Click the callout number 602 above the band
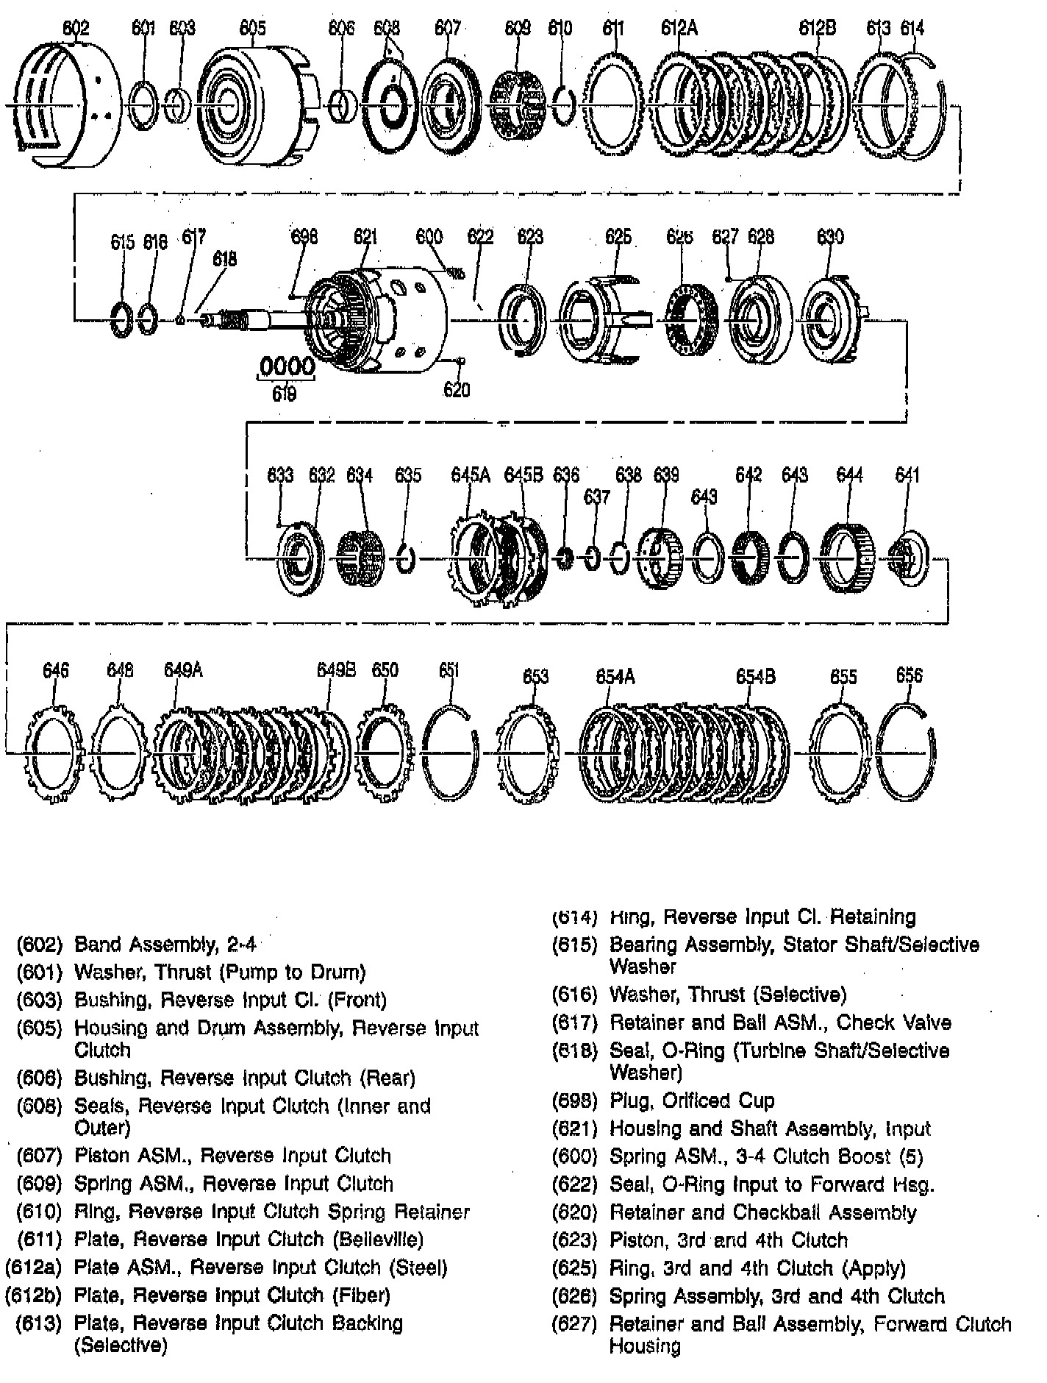[x=76, y=29]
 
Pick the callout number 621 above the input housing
[x=365, y=237]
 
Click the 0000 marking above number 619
[x=287, y=366]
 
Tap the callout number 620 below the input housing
[x=456, y=390]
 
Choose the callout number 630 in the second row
[x=830, y=237]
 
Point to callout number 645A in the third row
[x=471, y=475]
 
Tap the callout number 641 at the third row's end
[x=907, y=475]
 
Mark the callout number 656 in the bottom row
[x=909, y=675]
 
